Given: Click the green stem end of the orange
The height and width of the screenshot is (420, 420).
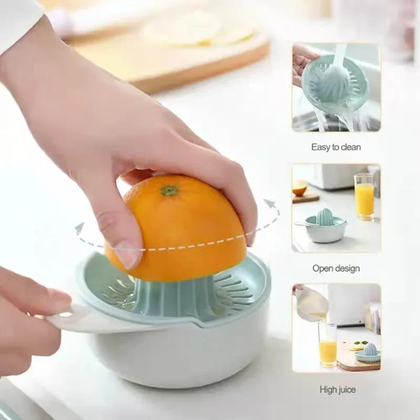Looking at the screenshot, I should click(169, 190).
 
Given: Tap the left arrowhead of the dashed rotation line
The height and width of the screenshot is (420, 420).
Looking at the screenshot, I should click(79, 228).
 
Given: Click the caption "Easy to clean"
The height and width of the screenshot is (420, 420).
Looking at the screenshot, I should click(336, 148).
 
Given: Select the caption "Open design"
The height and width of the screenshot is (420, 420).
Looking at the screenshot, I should click(336, 268).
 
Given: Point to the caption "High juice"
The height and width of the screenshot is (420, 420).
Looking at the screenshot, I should click(337, 390).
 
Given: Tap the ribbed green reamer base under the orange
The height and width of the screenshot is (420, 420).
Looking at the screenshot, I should click(173, 299).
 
